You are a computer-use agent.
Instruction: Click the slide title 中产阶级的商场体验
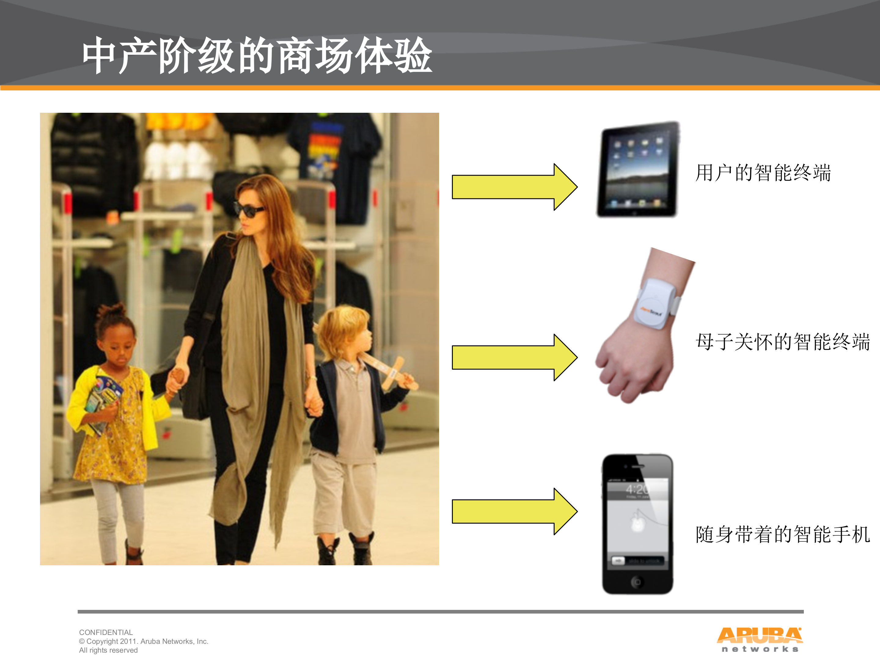tap(257, 56)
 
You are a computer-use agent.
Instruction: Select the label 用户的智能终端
tap(763, 173)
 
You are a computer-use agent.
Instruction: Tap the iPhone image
tap(637, 524)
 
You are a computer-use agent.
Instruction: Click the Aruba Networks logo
tap(759, 639)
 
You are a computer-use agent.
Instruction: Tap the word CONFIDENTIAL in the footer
tap(106, 632)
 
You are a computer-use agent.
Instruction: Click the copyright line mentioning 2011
tap(144, 641)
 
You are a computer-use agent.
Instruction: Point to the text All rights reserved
tap(108, 650)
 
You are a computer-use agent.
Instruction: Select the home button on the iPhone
tap(636, 582)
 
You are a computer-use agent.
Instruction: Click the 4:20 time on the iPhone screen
tap(636, 489)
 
